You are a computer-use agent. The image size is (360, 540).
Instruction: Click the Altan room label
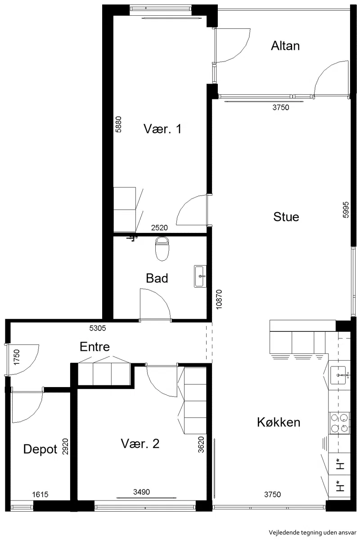(x=285, y=46)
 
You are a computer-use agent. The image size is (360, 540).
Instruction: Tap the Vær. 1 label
(x=162, y=129)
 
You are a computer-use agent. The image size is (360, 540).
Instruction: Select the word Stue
(x=286, y=217)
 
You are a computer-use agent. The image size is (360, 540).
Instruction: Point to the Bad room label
(x=157, y=278)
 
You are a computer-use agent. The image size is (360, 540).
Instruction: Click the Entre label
(x=94, y=347)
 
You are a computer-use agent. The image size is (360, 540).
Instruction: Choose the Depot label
(x=40, y=449)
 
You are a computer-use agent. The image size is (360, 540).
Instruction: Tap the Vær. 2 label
(x=140, y=444)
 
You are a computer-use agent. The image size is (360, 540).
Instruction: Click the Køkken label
(x=279, y=422)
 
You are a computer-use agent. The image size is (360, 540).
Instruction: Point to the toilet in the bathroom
(x=162, y=249)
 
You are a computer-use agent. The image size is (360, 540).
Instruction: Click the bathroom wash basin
(x=200, y=276)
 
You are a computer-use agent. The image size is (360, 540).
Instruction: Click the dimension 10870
(x=219, y=299)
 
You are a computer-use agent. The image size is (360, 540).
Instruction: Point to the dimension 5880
(x=118, y=125)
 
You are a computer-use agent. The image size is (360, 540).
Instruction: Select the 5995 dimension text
(x=346, y=210)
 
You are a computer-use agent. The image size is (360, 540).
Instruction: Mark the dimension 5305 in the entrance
(x=98, y=328)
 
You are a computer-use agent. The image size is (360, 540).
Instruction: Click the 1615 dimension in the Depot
(x=40, y=495)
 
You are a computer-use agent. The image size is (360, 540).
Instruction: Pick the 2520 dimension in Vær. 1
(x=159, y=228)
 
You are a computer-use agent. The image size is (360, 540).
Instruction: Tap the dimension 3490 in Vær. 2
(x=141, y=492)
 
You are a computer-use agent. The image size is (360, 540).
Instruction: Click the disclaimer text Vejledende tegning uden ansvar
(x=312, y=532)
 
